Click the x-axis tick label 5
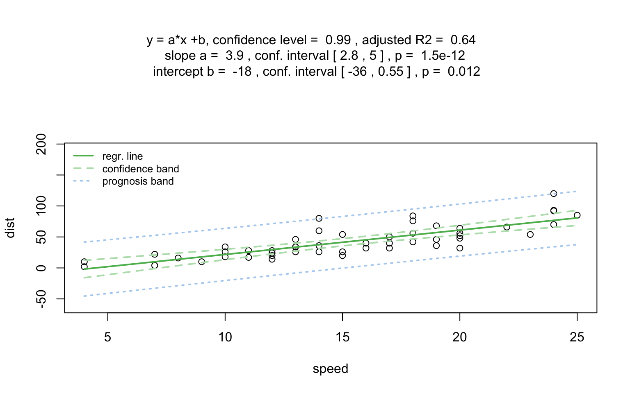click(107, 337)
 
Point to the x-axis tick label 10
click(225, 337)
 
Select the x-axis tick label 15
click(342, 337)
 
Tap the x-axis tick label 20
click(459, 337)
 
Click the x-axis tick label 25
click(577, 337)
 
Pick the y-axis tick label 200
click(41, 144)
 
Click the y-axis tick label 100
click(41, 206)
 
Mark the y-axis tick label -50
click(41, 298)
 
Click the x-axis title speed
click(330, 369)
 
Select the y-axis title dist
click(10, 228)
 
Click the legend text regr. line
click(122, 156)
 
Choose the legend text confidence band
click(140, 169)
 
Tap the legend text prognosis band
click(138, 181)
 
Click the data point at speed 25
click(577, 215)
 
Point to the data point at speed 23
click(530, 235)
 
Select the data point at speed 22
click(507, 227)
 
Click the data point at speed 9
click(201, 262)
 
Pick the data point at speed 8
click(178, 258)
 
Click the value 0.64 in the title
click(463, 40)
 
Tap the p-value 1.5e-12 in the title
click(443, 56)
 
